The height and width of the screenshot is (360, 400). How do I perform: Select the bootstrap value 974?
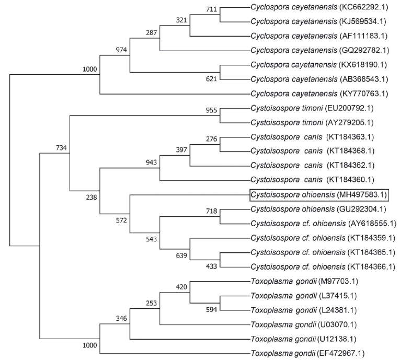coord(121,50)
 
